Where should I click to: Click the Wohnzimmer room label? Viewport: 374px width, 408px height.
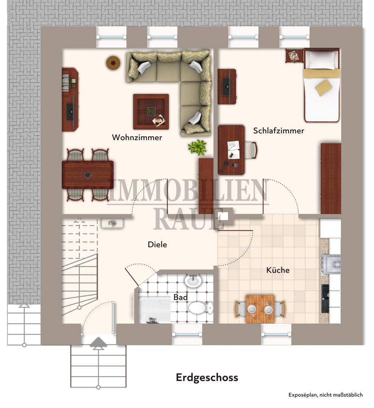click(137, 138)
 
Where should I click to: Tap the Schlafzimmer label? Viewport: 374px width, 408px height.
click(279, 130)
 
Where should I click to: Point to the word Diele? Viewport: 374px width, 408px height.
click(157, 244)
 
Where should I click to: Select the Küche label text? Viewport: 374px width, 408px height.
click(278, 270)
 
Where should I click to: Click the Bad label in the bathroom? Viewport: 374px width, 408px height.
click(180, 297)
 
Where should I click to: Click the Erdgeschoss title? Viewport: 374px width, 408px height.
click(207, 377)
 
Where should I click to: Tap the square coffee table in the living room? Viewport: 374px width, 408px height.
click(151, 111)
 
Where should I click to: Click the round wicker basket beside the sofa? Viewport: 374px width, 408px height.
click(113, 63)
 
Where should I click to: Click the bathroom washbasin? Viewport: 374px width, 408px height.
click(193, 280)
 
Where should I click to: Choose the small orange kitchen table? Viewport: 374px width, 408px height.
click(260, 309)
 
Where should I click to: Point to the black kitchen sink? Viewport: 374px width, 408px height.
click(325, 298)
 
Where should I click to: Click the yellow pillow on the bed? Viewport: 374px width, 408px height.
click(324, 88)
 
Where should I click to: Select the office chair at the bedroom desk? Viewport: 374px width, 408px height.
click(251, 150)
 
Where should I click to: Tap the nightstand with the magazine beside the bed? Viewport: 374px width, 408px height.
click(295, 56)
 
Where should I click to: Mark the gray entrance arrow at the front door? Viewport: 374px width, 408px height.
click(98, 342)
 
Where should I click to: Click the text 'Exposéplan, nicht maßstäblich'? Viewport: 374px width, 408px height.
click(326, 395)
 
